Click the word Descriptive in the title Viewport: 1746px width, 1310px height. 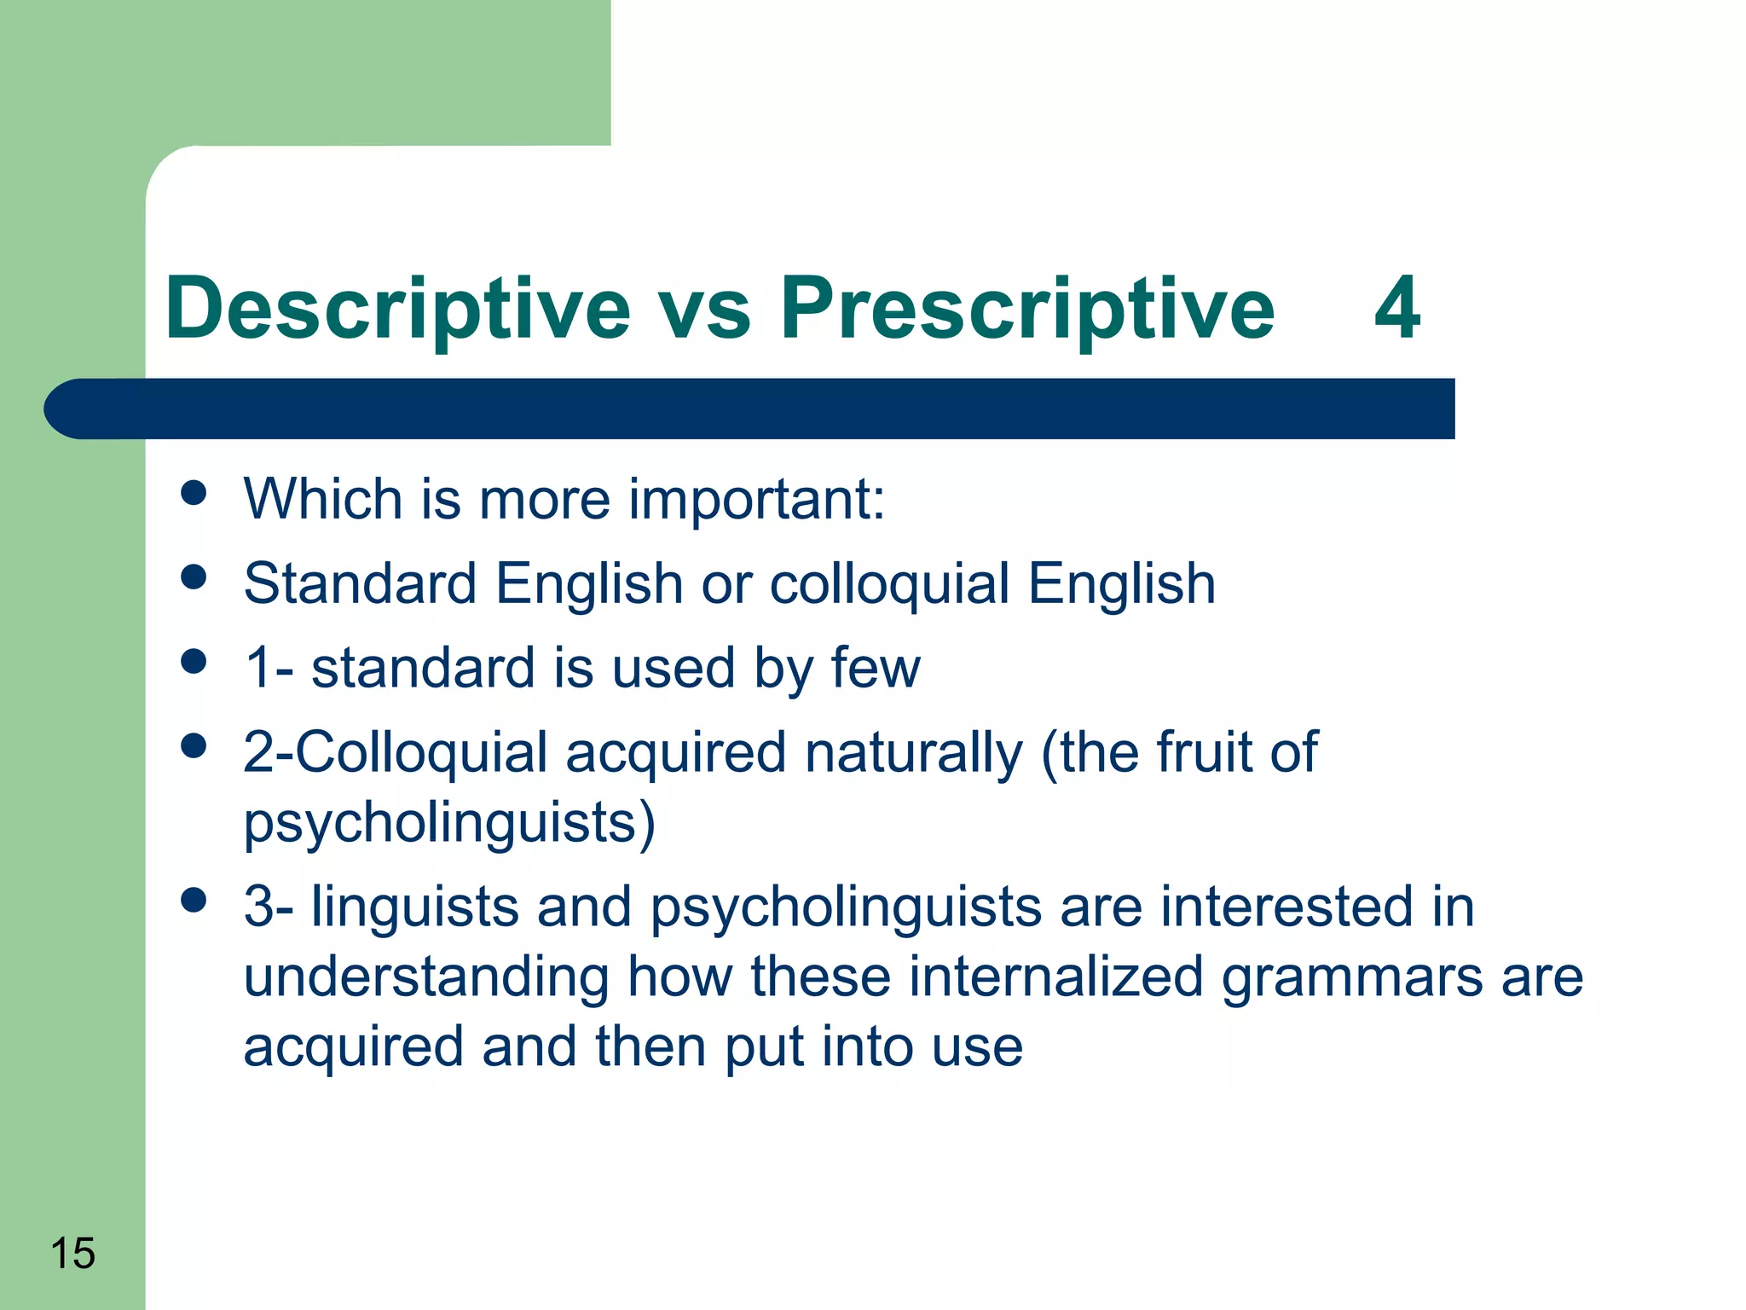pos(397,309)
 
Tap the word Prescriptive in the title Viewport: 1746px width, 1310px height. pos(1027,309)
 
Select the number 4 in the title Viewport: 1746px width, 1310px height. pos(1396,309)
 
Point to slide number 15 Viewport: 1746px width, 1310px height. pos(72,1253)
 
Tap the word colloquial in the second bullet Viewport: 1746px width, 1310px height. pos(889,585)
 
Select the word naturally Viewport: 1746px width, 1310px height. pos(912,754)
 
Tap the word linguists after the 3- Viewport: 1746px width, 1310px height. pos(414,907)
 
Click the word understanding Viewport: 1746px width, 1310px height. pos(426,978)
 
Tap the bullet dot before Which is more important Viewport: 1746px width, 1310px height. pos(194,493)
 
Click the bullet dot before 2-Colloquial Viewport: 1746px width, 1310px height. pos(194,746)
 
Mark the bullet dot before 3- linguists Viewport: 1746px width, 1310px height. pos(194,900)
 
